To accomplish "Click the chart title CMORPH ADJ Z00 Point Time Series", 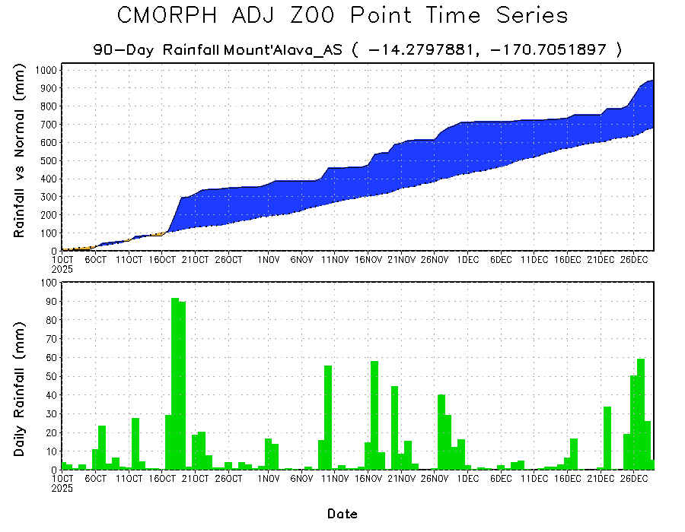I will point(342,16).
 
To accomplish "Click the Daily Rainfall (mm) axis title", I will point(20,377).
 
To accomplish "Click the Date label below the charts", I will point(342,515).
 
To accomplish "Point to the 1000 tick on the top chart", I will point(45,70).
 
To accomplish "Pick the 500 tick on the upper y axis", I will point(48,160).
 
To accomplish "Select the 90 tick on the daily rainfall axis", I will point(51,301).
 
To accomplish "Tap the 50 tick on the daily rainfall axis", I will point(51,376).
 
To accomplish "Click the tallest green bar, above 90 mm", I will point(175,384).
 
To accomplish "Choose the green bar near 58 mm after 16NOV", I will point(374,415).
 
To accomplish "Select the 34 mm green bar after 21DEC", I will point(607,438).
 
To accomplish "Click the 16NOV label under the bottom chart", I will point(368,480).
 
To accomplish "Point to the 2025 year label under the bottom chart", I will point(62,489).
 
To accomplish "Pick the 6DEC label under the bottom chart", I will point(500,480).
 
